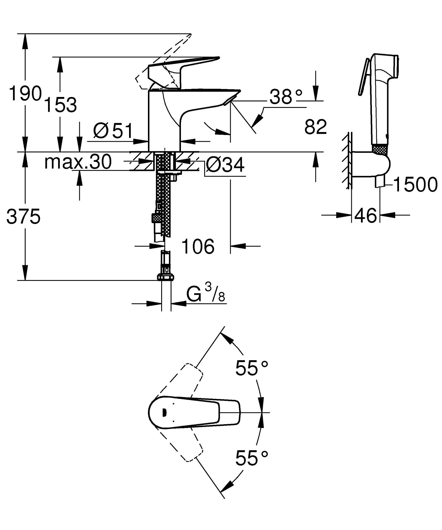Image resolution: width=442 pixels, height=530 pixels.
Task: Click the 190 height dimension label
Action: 25,94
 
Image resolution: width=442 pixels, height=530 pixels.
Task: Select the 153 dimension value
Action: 60,105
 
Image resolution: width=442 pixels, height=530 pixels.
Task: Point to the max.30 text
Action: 78,162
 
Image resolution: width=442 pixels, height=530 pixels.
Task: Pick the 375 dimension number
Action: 23,217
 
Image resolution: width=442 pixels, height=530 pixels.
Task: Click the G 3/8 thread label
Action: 206,294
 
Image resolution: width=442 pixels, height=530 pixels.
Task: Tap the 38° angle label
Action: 286,97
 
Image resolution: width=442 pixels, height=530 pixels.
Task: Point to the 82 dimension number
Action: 316,127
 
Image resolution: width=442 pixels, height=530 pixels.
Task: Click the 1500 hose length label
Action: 415,185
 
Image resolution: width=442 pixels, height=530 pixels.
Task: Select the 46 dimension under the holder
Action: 365,215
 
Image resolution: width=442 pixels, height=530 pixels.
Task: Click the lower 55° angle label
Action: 252,458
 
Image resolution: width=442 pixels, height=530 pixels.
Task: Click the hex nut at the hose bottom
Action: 166,277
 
